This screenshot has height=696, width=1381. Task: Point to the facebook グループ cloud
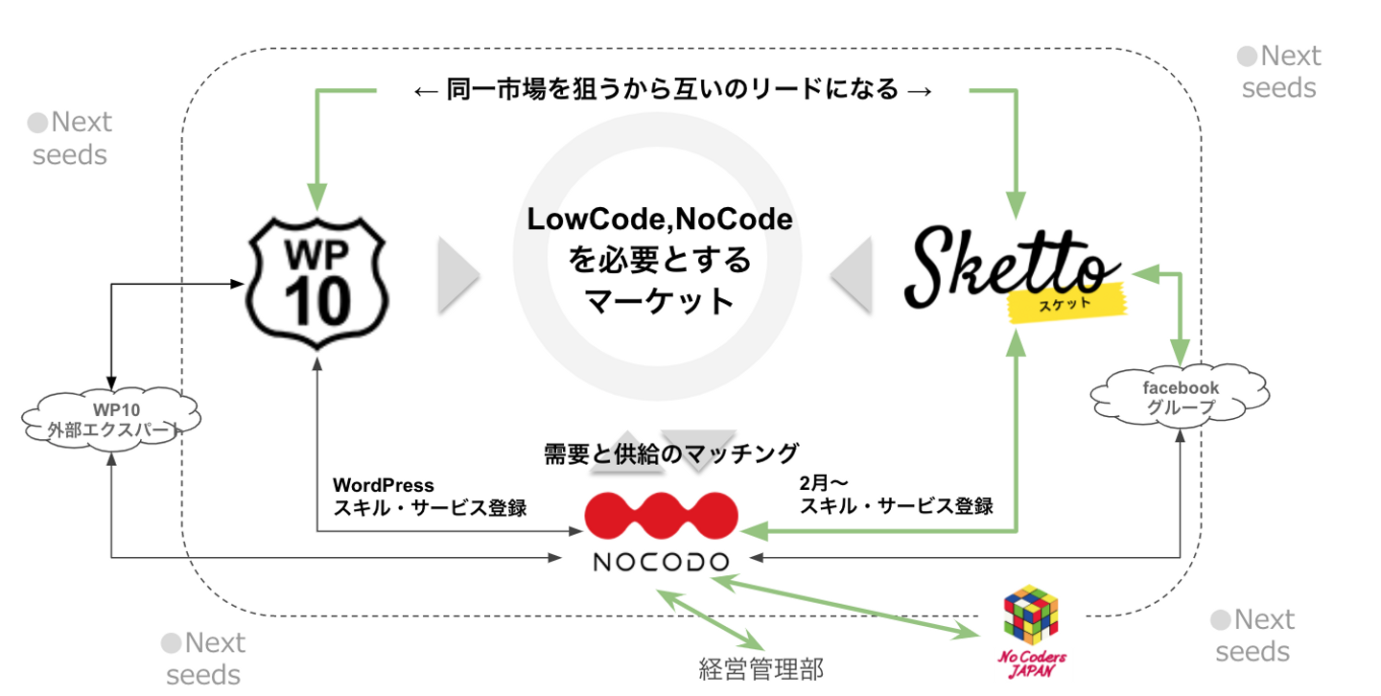[x=1181, y=396]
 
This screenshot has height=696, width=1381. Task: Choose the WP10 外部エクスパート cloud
[x=112, y=420]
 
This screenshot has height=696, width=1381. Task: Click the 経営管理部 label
[x=761, y=668]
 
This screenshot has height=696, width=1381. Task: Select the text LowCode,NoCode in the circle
[x=660, y=220]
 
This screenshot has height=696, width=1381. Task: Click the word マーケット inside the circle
[x=660, y=301]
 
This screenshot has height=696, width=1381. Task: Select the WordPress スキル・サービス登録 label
[x=429, y=497]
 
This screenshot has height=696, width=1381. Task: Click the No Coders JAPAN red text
[x=1032, y=664]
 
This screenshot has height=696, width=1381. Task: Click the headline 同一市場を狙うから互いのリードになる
[x=671, y=91]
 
